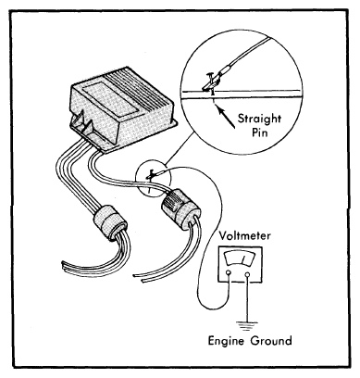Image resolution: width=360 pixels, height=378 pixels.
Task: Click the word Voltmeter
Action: [x=244, y=236]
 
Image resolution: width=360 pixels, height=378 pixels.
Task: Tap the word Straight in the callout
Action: [x=259, y=120]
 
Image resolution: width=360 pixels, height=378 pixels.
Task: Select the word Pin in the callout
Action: [x=260, y=132]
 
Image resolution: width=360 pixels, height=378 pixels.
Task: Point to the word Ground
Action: [x=271, y=341]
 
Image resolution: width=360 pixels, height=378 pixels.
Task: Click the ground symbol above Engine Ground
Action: [x=247, y=325]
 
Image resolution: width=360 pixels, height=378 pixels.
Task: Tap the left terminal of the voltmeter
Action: [x=229, y=273]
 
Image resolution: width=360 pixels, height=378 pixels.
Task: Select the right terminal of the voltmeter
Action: [x=247, y=274]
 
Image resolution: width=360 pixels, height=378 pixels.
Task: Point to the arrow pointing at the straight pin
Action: [x=226, y=117]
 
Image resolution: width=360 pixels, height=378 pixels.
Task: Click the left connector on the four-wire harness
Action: [x=110, y=223]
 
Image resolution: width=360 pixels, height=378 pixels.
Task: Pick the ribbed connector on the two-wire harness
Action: [x=180, y=211]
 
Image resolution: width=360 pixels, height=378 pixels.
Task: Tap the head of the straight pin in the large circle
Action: [x=210, y=74]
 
